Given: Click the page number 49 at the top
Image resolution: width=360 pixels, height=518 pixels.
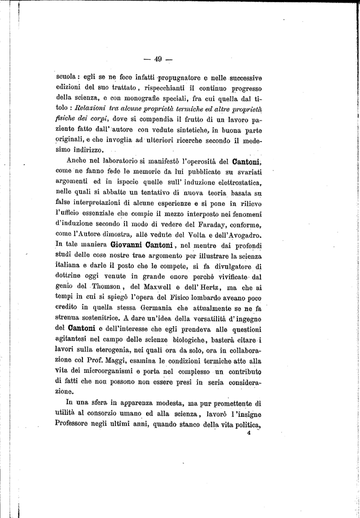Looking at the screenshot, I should (158, 59).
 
